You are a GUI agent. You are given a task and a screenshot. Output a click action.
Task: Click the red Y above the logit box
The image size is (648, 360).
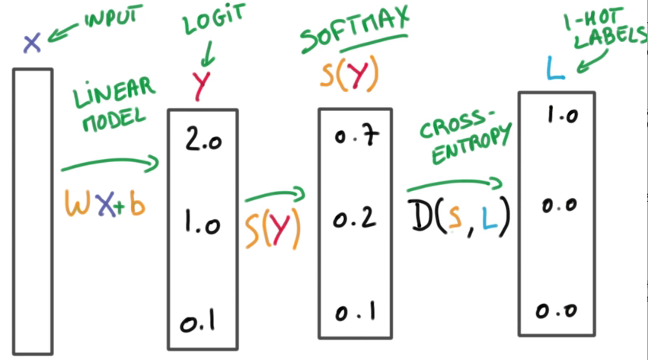pos(201,86)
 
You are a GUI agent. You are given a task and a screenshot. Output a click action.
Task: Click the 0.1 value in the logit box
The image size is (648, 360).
pos(197,322)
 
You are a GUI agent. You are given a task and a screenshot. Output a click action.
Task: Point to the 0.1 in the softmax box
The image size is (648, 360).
pos(354,313)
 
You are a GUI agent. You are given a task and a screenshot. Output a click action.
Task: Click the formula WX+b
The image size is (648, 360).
pos(104,205)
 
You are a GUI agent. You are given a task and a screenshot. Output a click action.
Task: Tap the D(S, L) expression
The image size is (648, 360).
pos(457,216)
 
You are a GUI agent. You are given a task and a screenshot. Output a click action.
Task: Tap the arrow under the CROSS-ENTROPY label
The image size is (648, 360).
pos(455,184)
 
